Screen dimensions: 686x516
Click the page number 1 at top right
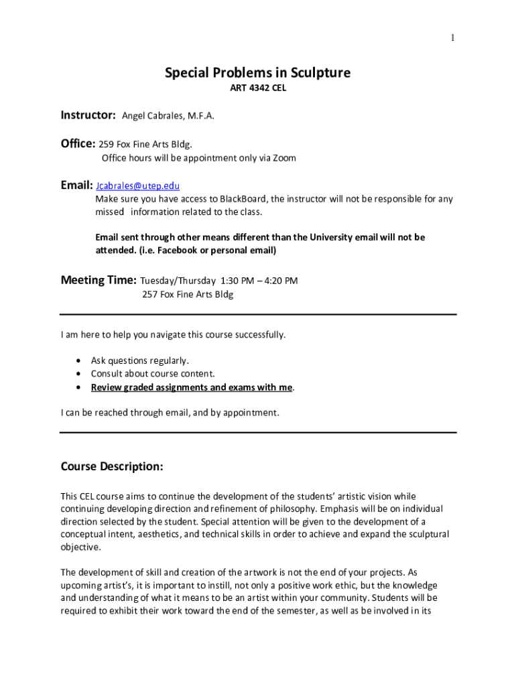(452, 38)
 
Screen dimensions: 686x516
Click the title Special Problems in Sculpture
(258, 72)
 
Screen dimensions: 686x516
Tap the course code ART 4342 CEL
(258, 88)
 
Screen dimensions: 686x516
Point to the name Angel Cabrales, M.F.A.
(168, 116)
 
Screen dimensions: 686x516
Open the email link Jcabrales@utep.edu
(137, 186)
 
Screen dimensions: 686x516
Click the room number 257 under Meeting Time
(149, 294)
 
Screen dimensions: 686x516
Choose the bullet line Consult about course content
(153, 374)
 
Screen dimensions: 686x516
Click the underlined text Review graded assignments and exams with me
(192, 387)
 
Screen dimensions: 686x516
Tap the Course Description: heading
(112, 466)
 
